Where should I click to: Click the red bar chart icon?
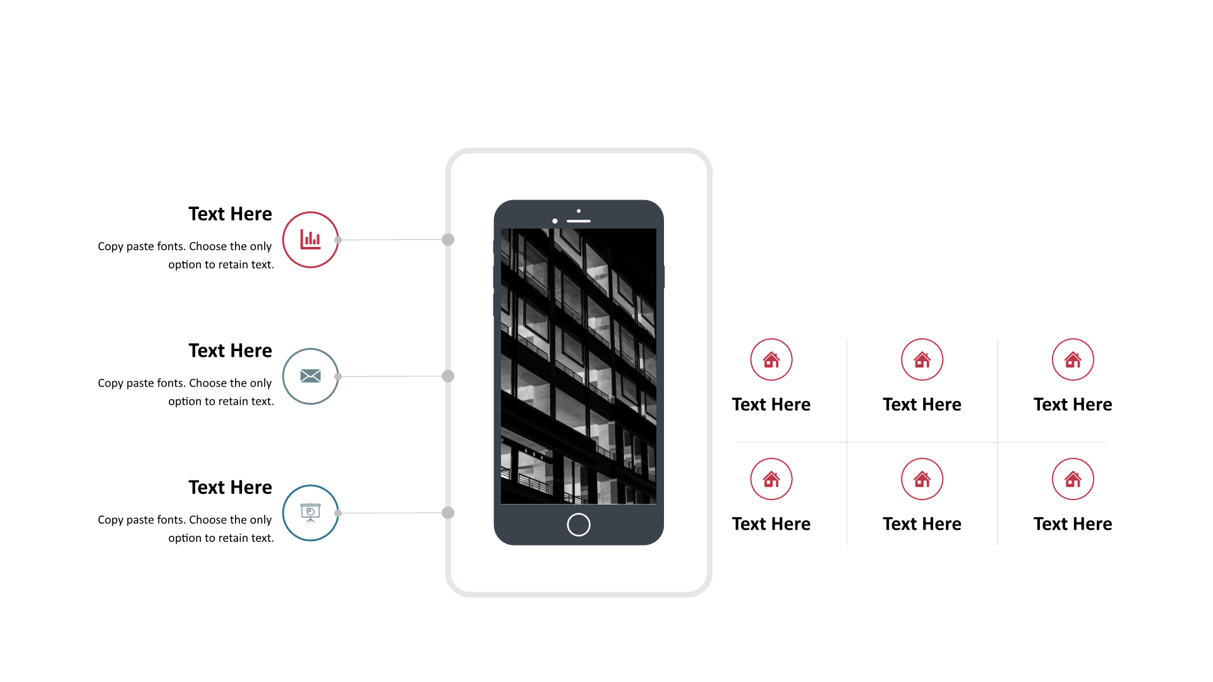310,239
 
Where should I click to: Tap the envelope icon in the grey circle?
310,376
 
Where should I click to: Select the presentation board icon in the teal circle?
310,513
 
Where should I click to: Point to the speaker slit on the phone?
579,221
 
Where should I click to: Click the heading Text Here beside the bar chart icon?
230,214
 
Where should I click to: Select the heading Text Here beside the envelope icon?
230,350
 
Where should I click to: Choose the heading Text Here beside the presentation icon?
230,488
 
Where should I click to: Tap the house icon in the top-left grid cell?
771,359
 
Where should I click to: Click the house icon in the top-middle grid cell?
922,359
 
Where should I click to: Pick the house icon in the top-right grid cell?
1073,359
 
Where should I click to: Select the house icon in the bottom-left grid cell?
771,479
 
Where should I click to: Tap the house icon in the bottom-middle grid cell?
922,479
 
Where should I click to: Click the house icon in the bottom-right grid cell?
1073,479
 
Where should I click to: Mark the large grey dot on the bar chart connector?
448,239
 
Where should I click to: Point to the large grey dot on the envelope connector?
448,376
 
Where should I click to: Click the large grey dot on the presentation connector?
448,513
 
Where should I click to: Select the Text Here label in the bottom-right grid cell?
1073,524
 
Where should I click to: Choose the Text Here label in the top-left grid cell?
771,405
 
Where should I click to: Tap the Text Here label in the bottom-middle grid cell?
922,524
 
